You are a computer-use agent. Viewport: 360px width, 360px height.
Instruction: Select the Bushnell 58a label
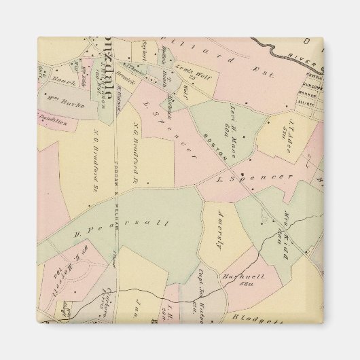point(236,280)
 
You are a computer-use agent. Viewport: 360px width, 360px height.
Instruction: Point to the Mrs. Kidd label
point(277,230)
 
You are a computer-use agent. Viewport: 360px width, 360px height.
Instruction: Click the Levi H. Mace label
point(230,127)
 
